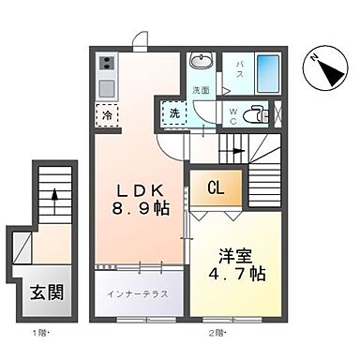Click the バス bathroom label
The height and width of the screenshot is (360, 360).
tap(239, 68)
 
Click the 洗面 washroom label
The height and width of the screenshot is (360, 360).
tap(202, 90)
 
